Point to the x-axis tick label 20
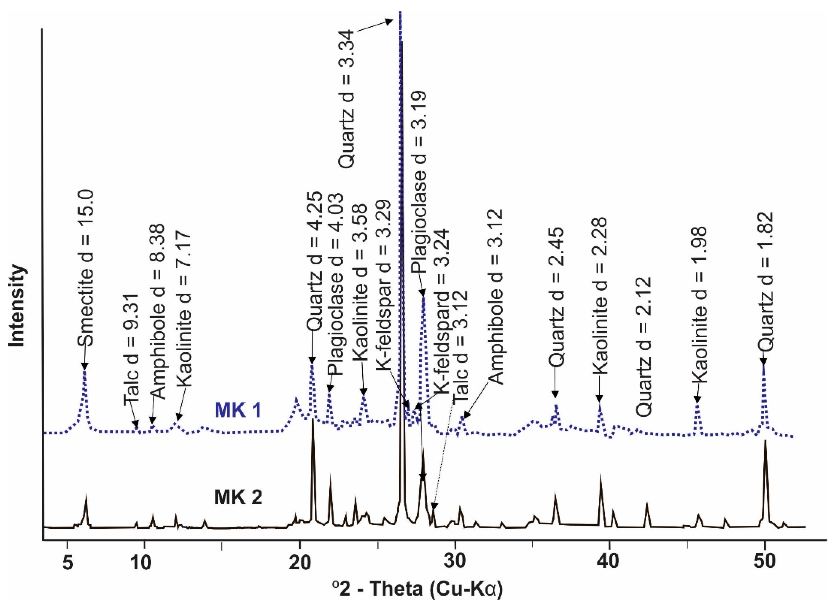300,563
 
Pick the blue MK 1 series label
238,410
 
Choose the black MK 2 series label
238,498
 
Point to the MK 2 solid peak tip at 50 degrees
765,451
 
